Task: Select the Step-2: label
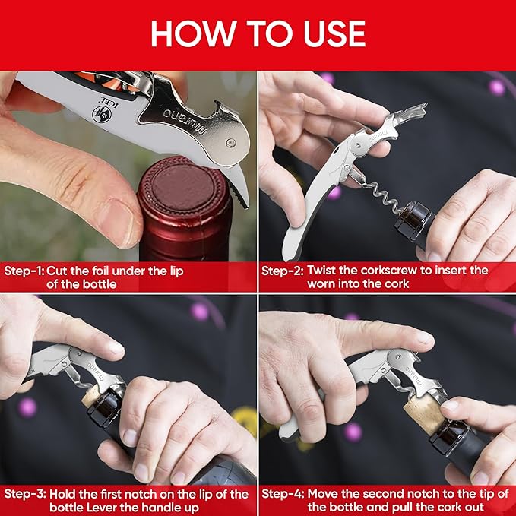pyautogui.click(x=282, y=271)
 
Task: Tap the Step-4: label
pyautogui.click(x=283, y=494)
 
